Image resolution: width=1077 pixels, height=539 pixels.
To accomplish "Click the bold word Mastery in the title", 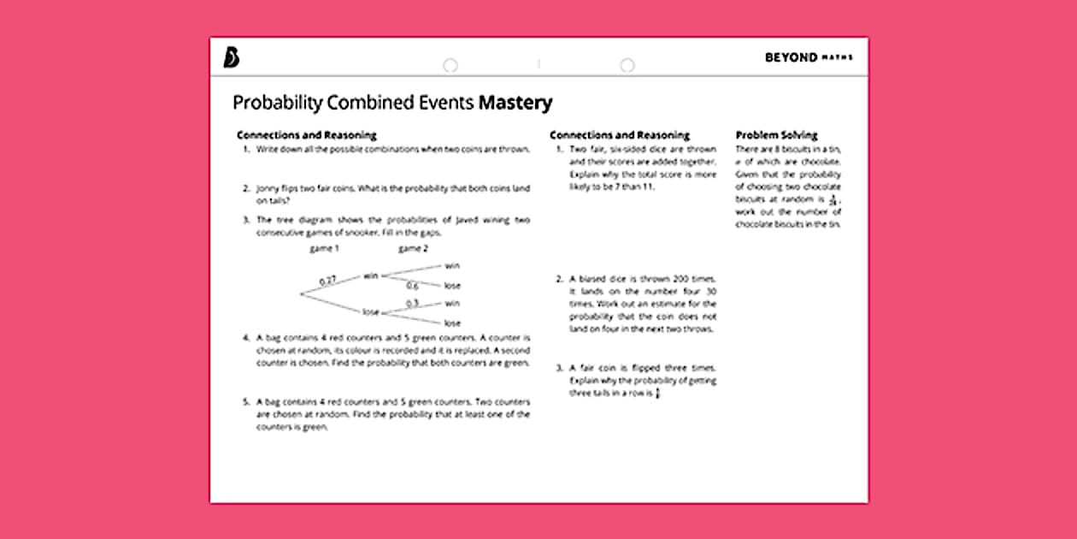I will coord(515,103).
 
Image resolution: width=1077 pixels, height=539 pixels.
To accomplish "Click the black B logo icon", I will coord(232,57).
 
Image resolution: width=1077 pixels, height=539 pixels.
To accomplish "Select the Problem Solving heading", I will coord(776,135).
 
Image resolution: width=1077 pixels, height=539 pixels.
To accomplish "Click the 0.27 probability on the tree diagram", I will coord(328,280).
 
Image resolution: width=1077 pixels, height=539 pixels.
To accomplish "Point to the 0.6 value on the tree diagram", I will coord(412,286).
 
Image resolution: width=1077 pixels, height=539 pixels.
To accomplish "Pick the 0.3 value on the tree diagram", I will coord(412,303).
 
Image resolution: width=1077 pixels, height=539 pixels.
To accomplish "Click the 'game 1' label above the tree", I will coord(325,249).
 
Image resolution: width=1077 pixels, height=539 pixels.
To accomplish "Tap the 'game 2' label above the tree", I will coord(414,249).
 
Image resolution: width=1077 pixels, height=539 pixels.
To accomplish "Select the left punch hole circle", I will coord(450,66).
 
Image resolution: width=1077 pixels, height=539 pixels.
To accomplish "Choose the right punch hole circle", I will coord(627,66).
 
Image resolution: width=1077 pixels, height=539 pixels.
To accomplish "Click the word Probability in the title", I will coord(278,103).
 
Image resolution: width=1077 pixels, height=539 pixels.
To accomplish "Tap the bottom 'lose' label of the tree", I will coord(451,323).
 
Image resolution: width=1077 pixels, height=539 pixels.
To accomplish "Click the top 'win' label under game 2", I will coord(452,265).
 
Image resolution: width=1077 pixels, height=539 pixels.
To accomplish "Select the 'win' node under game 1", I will coord(370,275).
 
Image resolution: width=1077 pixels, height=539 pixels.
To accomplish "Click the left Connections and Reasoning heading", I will coord(306,135).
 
